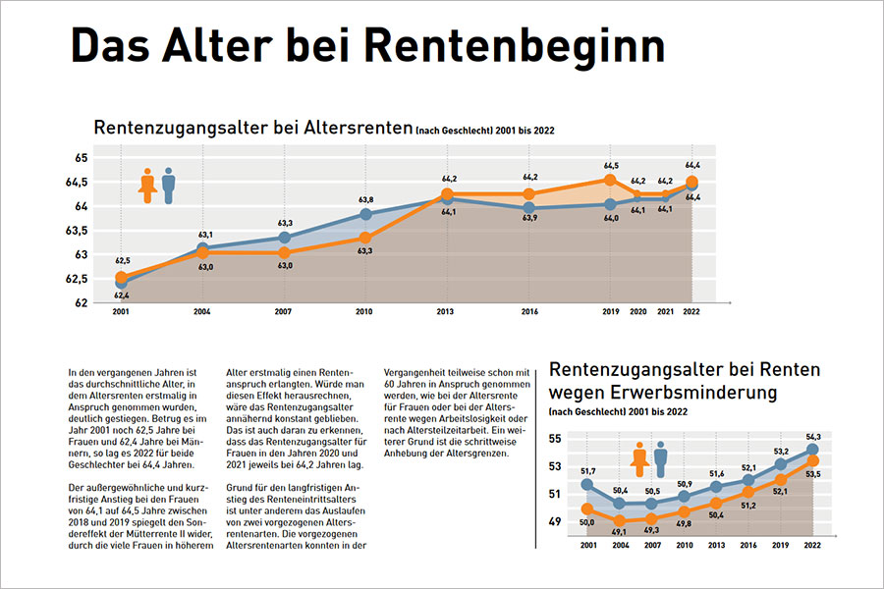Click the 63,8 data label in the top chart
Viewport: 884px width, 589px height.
[x=364, y=199]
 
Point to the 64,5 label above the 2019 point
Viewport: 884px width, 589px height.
[x=611, y=166]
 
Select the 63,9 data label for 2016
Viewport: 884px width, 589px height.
[x=528, y=217]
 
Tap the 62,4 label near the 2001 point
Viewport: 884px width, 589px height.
[x=121, y=294]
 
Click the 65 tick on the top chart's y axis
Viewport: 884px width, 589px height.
[x=82, y=158]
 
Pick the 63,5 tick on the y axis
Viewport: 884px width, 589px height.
[x=78, y=231]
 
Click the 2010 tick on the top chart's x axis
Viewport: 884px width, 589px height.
[x=364, y=312]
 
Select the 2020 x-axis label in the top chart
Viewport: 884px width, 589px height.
[x=637, y=312]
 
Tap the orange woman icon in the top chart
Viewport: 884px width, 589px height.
[x=148, y=185]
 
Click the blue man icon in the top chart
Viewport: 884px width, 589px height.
[x=169, y=185]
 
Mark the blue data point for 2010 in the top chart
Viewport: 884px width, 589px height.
[x=364, y=214]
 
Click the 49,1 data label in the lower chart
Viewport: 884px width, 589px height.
[x=619, y=531]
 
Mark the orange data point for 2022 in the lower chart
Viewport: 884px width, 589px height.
[x=812, y=460]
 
